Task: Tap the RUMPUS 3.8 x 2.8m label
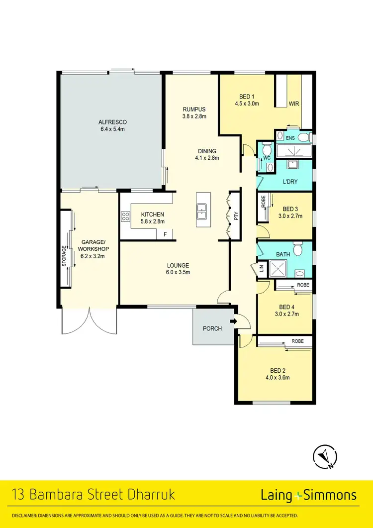click(x=193, y=109)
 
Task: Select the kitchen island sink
click(x=202, y=211)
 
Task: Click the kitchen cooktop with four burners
click(x=125, y=216)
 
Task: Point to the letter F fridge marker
click(x=165, y=234)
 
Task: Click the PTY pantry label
click(x=236, y=216)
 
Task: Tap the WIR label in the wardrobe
click(x=295, y=104)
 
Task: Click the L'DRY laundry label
click(x=289, y=182)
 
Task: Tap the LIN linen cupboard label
click(x=261, y=269)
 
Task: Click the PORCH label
click(x=212, y=328)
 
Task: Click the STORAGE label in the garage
click(x=64, y=256)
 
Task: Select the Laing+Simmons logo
click(x=308, y=495)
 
